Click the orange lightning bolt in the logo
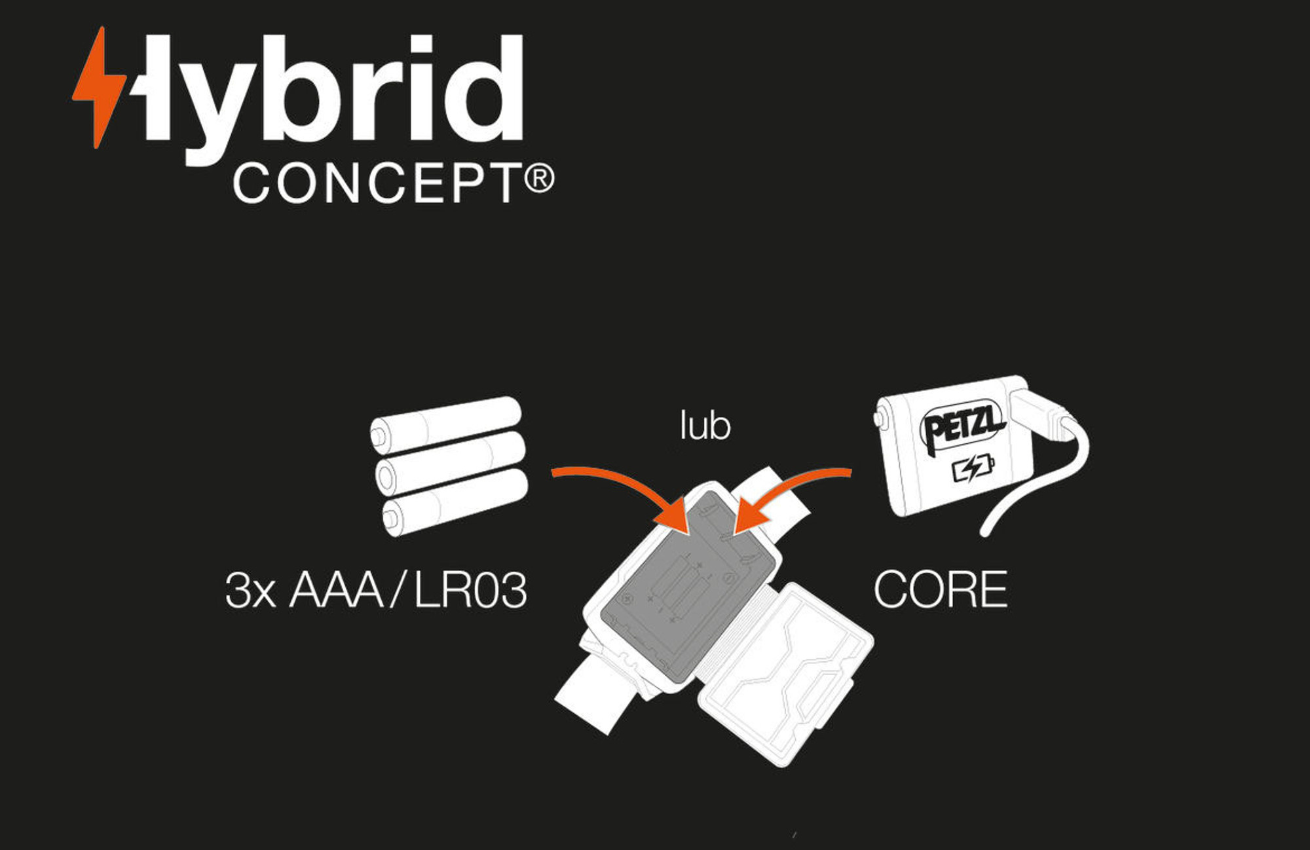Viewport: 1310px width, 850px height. pyautogui.click(x=98, y=88)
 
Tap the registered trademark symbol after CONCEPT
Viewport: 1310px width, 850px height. pyautogui.click(x=539, y=178)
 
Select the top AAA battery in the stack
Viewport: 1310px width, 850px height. pyautogui.click(x=445, y=424)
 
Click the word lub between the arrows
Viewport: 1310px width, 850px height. pyautogui.click(x=705, y=426)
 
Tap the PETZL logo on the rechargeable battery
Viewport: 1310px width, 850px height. pyautogui.click(x=962, y=426)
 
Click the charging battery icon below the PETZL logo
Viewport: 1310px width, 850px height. pyautogui.click(x=973, y=469)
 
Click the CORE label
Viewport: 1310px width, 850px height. pyautogui.click(x=940, y=590)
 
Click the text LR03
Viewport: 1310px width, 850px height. pyautogui.click(x=471, y=590)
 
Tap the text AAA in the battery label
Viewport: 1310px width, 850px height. pyautogui.click(x=336, y=590)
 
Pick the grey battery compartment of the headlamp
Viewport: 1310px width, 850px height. pyautogui.click(x=681, y=589)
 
